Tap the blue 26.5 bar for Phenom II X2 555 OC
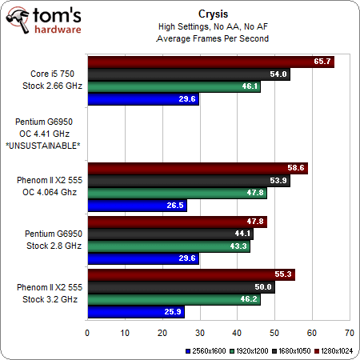[x=137, y=206]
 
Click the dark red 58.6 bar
[x=196, y=168]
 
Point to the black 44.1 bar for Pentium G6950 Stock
[x=170, y=234]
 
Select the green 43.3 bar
[x=168, y=246]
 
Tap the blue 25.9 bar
[x=135, y=311]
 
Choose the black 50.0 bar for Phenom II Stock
[x=181, y=287]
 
